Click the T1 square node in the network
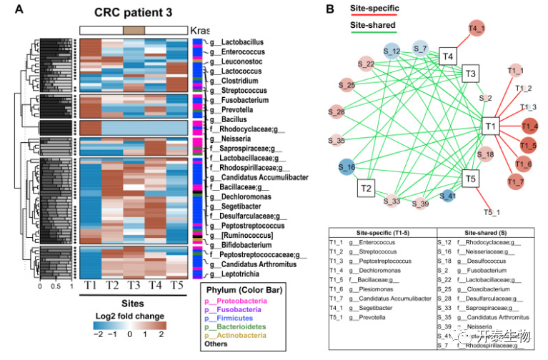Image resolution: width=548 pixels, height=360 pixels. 491,126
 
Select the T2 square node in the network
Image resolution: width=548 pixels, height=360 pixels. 367,188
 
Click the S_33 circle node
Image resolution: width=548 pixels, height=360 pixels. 392,201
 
